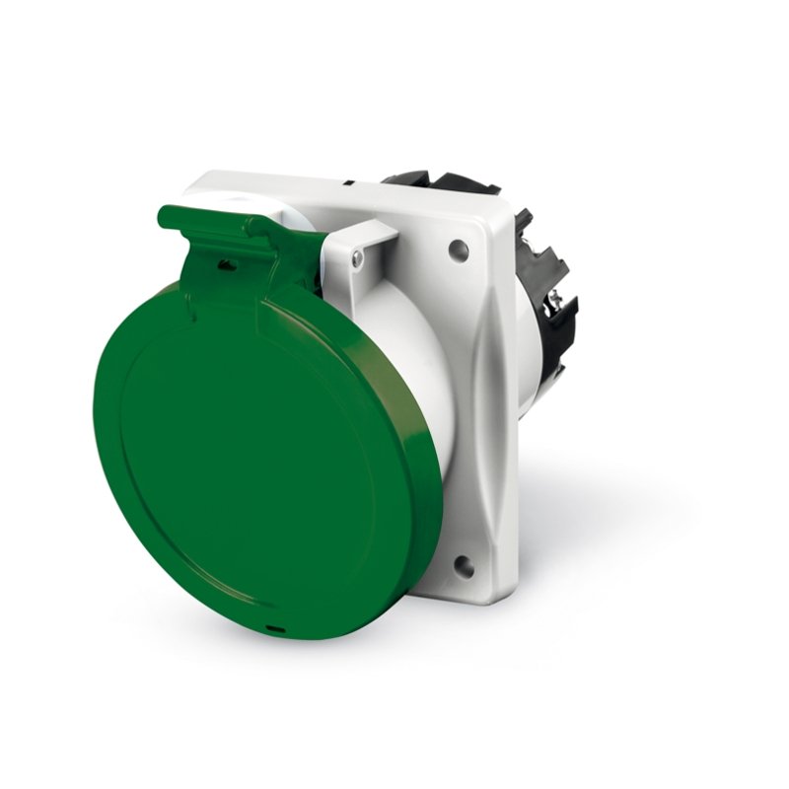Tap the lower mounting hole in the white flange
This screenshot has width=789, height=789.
(x=462, y=568)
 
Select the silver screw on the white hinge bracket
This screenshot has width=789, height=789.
(x=357, y=258)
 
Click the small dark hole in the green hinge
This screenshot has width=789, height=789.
(x=227, y=264)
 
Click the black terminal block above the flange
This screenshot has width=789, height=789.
(x=454, y=183)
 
